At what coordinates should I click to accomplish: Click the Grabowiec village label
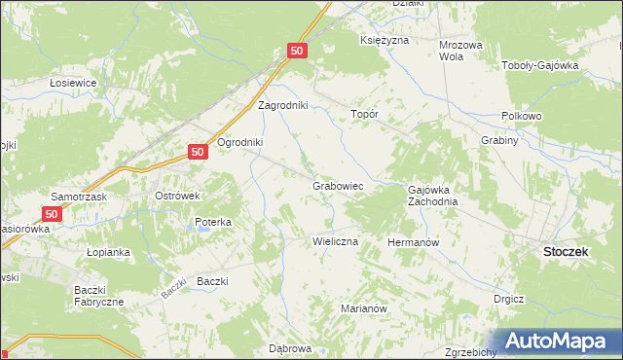(338, 185)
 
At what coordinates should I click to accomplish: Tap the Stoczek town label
(563, 251)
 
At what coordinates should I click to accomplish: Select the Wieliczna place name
(335, 240)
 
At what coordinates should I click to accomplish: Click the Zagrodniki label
(282, 105)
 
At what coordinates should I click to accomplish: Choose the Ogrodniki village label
(240, 142)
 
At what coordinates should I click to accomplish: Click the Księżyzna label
(384, 41)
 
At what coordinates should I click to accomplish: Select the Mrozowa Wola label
(461, 51)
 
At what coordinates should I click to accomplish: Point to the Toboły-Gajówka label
(539, 66)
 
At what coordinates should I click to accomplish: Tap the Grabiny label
(498, 140)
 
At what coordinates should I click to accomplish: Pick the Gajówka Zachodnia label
(432, 196)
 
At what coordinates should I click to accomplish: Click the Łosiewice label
(73, 83)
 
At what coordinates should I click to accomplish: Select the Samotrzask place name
(82, 196)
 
